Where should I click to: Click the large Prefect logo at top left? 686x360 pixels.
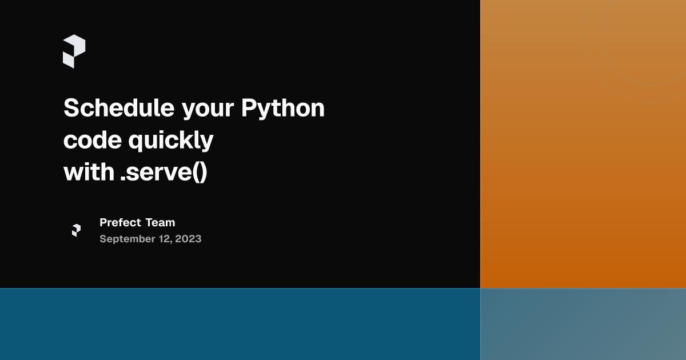point(74,51)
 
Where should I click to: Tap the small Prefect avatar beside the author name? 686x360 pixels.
point(76,230)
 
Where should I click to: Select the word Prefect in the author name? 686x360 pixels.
point(120,222)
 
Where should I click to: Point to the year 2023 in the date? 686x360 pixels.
point(188,239)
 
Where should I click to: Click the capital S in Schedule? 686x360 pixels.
point(71,108)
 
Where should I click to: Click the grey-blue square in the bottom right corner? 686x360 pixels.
point(583,324)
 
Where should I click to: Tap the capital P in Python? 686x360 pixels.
point(248,108)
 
